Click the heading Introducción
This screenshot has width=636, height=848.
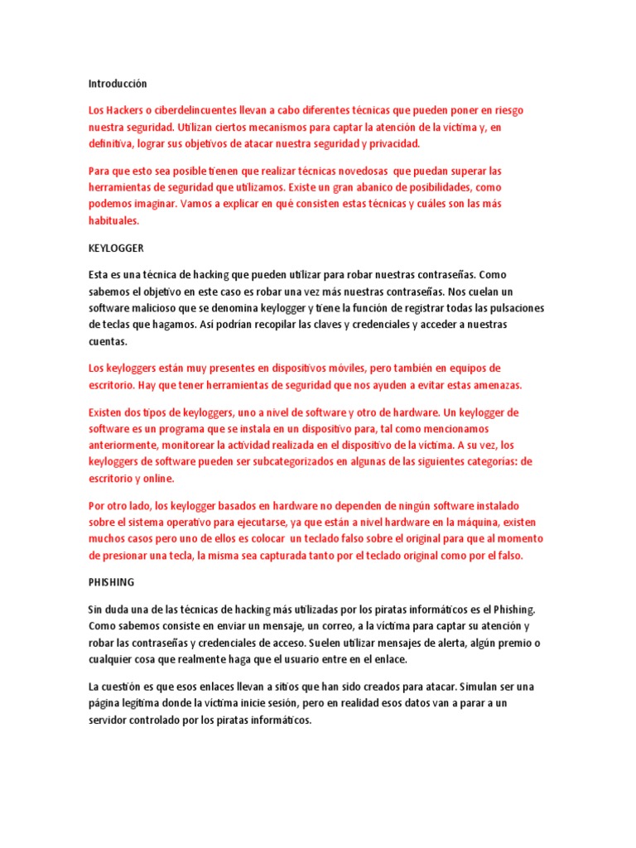coord(117,84)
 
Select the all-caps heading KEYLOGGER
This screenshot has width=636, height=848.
coord(116,248)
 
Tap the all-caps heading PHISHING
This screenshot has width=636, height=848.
coord(112,582)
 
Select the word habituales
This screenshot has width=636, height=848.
coord(114,222)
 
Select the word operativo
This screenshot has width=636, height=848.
coord(214,523)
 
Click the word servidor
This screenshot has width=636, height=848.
coord(112,720)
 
